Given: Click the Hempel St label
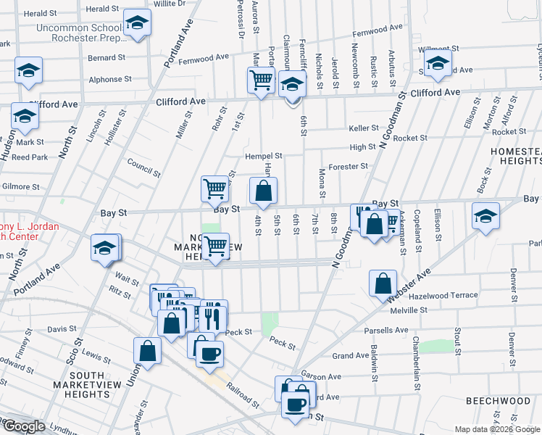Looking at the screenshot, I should tap(264, 155).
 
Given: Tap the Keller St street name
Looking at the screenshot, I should tap(364, 128).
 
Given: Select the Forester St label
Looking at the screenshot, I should tap(348, 167).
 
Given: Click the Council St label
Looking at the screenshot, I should tap(143, 168).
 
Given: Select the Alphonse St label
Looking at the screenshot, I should tap(109, 79).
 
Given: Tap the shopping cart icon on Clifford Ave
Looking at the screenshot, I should tap(261, 80).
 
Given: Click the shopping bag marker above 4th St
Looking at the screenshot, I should tap(264, 191).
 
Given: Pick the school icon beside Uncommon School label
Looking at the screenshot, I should tap(137, 23).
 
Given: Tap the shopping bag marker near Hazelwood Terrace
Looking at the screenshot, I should tap(382, 284).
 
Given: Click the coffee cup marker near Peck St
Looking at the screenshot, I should tap(210, 353).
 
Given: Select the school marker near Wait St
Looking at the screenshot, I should tap(104, 249).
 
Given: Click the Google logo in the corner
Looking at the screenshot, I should tap(23, 426).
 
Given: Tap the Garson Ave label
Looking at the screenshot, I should tap(321, 377).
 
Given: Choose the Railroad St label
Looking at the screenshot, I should tap(241, 397).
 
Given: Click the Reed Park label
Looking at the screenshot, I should tap(29, 157).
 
